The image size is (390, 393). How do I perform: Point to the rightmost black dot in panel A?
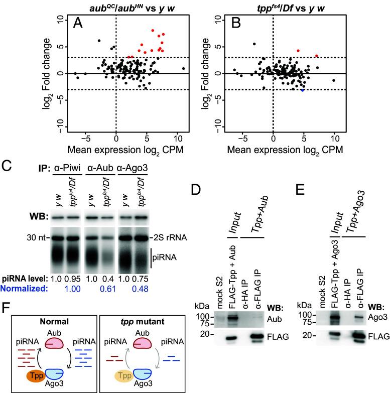click(184, 68)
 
